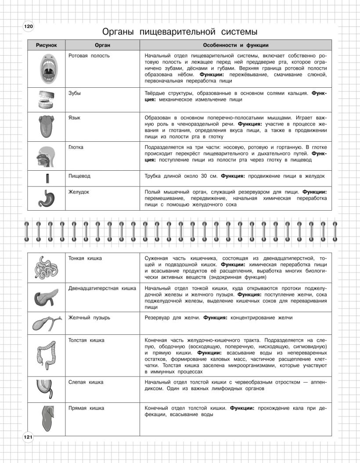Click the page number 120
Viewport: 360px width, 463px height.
coord(28,27)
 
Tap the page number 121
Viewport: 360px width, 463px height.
coord(28,437)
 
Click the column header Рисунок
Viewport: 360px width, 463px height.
coord(47,45)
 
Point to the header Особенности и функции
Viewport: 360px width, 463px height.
coord(236,45)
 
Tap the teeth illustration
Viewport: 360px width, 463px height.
coord(46,100)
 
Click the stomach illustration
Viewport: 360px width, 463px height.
coord(46,199)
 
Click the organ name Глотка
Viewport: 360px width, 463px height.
coord(76,147)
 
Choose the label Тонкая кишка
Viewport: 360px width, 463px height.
coord(85,258)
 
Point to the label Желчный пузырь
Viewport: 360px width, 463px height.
coord(86,317)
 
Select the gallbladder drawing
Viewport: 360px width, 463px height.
coord(45,323)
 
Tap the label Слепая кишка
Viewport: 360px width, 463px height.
coord(86,382)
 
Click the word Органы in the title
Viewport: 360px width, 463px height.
coord(118,32)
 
